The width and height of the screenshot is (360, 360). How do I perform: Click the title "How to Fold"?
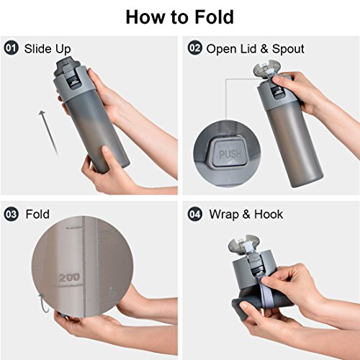coord(180,17)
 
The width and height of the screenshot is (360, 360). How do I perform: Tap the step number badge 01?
coord(12,48)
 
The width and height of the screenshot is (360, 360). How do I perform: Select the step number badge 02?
coord(194,48)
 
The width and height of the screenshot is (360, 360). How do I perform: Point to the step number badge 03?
coord(12,214)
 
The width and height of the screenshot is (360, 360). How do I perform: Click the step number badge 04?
coord(194,214)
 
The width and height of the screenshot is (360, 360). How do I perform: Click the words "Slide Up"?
coord(48,49)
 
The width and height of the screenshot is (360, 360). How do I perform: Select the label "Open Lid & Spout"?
coord(256,49)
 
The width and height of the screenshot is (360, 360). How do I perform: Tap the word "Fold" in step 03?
coord(37,214)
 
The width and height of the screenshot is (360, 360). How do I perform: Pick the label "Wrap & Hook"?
coord(246,214)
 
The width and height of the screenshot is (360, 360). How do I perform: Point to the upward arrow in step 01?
coord(48,132)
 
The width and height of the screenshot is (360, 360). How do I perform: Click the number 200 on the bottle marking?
coord(69,278)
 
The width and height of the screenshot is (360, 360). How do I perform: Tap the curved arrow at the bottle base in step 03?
coord(44,303)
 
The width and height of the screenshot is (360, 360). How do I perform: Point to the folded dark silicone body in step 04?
coord(259,306)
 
